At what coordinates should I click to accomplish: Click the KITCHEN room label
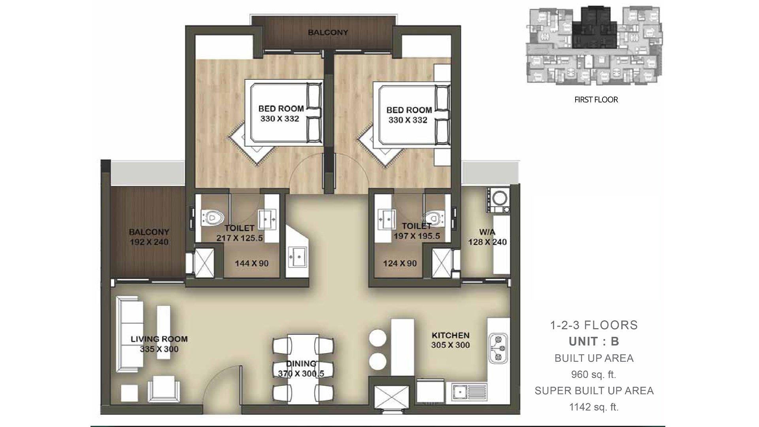pos(450,335)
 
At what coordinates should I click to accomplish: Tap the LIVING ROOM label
pos(159,339)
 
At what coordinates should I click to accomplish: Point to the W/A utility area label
pos(487,232)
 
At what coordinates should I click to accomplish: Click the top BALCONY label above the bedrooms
pos(328,32)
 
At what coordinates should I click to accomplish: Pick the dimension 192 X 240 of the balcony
pos(149,242)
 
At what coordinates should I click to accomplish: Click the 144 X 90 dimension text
pos(251,263)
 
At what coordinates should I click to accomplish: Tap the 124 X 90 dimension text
pos(400,263)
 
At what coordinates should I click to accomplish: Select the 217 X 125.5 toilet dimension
pos(240,238)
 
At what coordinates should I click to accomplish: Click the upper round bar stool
pos(377,338)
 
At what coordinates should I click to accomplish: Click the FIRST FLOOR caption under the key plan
pos(596,100)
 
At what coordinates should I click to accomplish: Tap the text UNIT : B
pos(594,341)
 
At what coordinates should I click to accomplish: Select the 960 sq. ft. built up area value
pos(594,374)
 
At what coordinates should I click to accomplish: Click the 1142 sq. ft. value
pos(594,407)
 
